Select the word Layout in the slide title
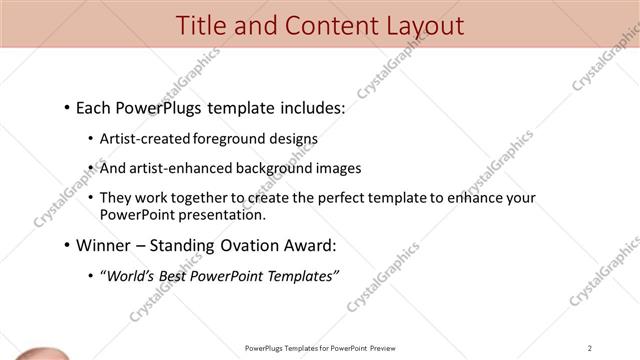422,25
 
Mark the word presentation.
224,214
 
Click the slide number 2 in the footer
590,347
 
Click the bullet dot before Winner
66,245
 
